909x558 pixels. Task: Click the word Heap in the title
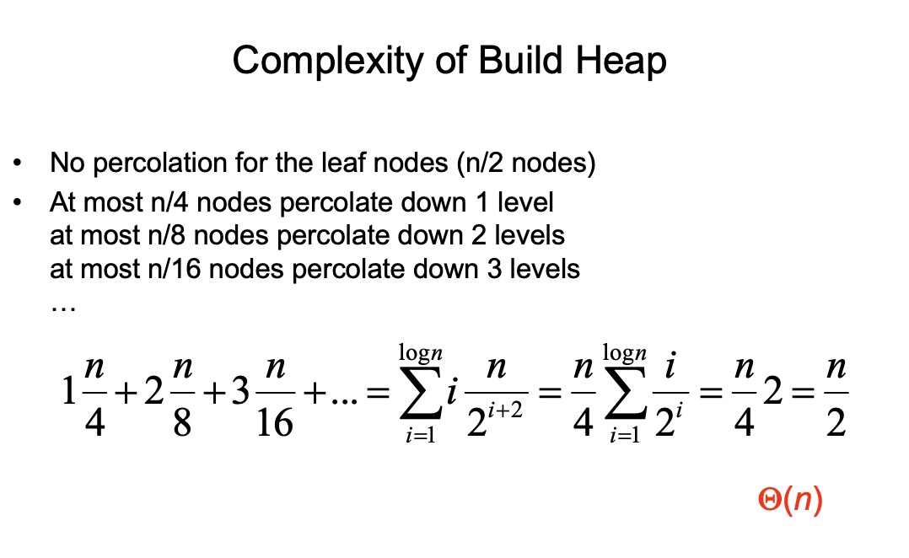(x=620, y=61)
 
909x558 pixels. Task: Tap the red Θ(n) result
(x=790, y=502)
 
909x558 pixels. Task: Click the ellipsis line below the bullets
(x=63, y=306)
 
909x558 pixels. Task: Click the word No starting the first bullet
(x=66, y=163)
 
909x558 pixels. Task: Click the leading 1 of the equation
(x=69, y=397)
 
